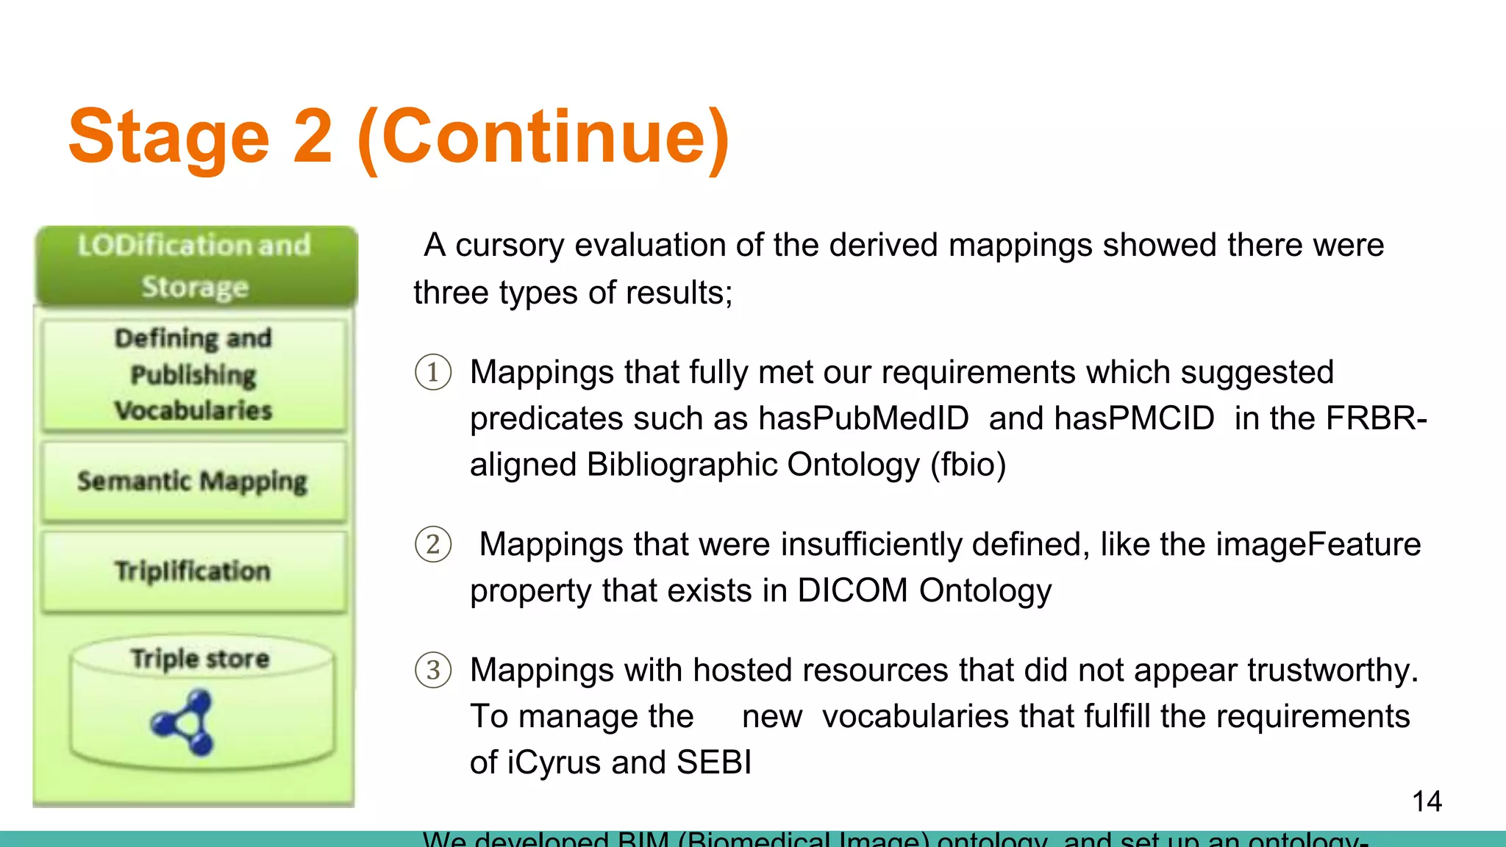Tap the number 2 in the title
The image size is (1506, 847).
pyautogui.click(x=313, y=137)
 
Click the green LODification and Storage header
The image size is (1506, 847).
pyautogui.click(x=195, y=265)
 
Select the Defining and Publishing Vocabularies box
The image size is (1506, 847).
pyautogui.click(x=194, y=374)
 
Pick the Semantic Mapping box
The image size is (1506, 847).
pyautogui.click(x=193, y=482)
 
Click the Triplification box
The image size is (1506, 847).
pyautogui.click(x=193, y=571)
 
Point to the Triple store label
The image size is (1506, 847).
pyautogui.click(x=200, y=658)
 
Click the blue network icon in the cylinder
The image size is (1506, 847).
pyautogui.click(x=185, y=723)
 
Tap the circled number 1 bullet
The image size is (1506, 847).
pyautogui.click(x=433, y=372)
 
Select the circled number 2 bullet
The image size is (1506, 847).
pyautogui.click(x=433, y=545)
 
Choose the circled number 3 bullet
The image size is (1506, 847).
pyautogui.click(x=433, y=671)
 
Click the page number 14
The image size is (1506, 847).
pyautogui.click(x=1427, y=801)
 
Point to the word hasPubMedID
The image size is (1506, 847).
pyautogui.click(x=863, y=418)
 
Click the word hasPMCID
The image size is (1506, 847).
pyautogui.click(x=1134, y=418)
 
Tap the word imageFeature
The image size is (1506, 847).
pyautogui.click(x=1318, y=545)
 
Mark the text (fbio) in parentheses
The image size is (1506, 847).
pyautogui.click(x=968, y=465)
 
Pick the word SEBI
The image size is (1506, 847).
pyautogui.click(x=714, y=762)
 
